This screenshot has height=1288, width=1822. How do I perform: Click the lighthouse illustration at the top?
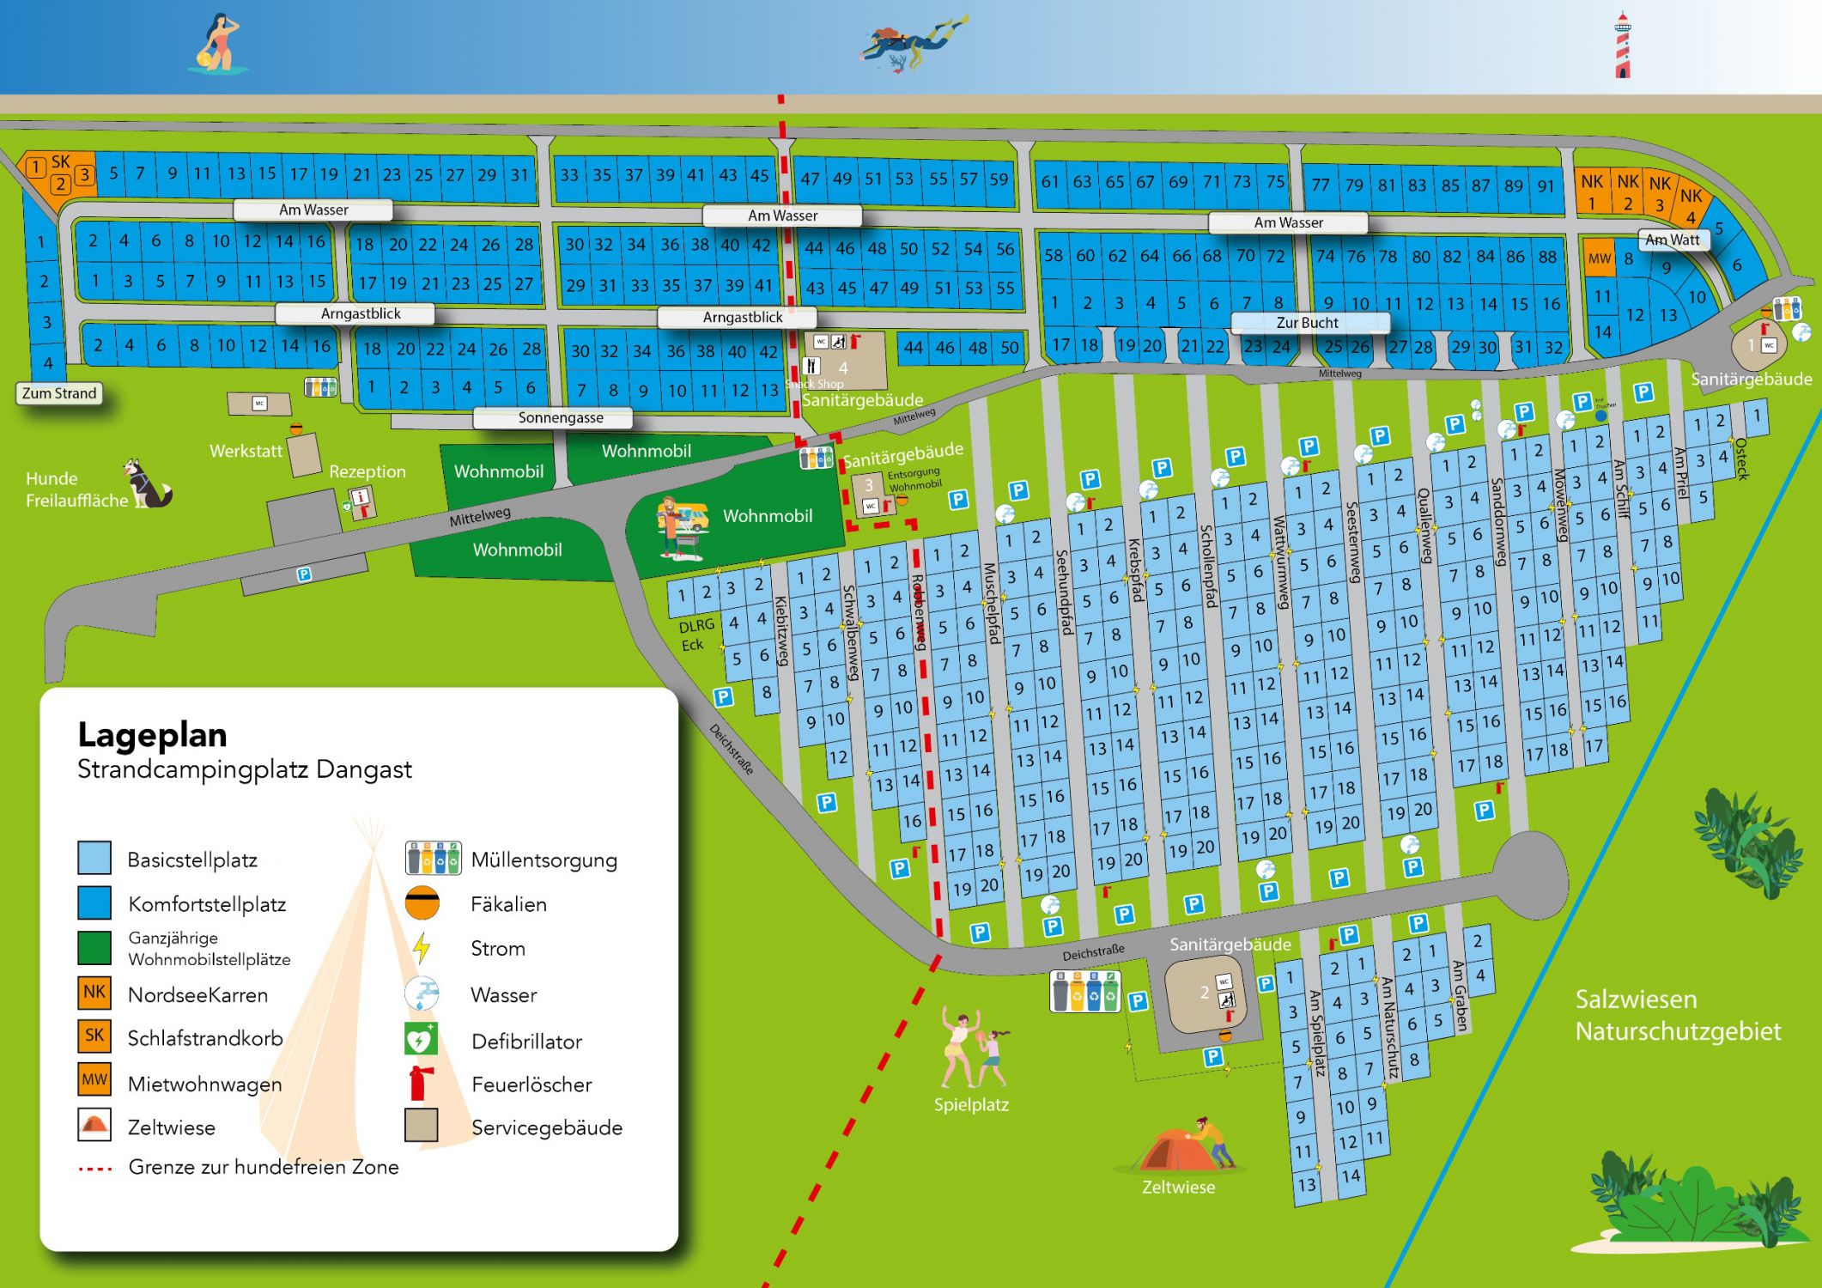[1622, 46]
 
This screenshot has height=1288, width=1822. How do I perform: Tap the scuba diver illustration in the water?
[912, 43]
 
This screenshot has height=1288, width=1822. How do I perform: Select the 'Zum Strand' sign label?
[59, 393]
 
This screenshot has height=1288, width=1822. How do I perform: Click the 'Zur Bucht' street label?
[1308, 323]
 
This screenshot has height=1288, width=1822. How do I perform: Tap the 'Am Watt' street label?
[1673, 240]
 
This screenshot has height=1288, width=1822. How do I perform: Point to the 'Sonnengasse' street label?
[561, 418]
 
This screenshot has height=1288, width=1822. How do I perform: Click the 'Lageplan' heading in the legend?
[152, 735]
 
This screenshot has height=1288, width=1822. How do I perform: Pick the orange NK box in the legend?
[94, 993]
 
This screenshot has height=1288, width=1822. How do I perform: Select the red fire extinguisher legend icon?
[420, 1084]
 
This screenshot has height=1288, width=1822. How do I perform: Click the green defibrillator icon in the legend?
[421, 1040]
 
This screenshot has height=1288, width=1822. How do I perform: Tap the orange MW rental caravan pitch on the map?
[1599, 258]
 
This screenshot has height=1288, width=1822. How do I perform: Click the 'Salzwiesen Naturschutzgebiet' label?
[1677, 1015]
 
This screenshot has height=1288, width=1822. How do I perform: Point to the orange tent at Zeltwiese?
[1179, 1151]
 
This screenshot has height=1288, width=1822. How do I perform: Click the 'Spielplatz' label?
[971, 1104]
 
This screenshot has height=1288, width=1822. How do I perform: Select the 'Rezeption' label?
[367, 471]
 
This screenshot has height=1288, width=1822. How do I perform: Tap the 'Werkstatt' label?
[246, 451]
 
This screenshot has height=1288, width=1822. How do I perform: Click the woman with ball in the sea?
[218, 43]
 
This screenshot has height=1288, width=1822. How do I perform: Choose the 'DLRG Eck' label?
[695, 635]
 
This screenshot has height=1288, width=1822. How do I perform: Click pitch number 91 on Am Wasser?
[1546, 185]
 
